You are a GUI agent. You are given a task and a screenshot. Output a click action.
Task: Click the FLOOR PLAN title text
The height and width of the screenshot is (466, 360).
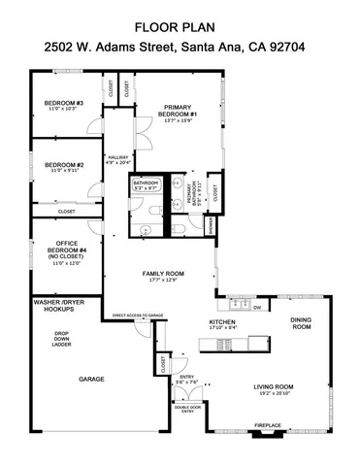[x=180, y=25]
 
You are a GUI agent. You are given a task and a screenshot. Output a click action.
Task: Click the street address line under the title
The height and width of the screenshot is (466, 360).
[x=180, y=45]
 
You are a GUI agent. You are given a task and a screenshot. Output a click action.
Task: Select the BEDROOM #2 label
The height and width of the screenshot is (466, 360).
[x=65, y=164]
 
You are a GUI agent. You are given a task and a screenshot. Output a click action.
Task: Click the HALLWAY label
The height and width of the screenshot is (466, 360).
[x=118, y=157]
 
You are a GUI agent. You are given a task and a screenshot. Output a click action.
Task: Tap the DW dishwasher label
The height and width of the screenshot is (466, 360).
[x=257, y=308]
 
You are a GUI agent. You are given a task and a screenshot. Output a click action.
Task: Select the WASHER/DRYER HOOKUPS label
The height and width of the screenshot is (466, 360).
[x=56, y=309]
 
